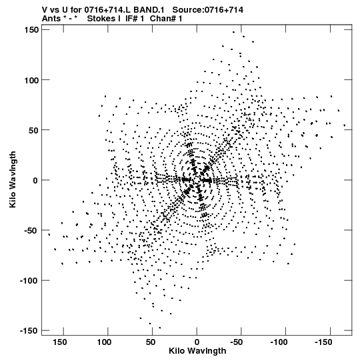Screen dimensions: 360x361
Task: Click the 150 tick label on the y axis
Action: click(x=31, y=30)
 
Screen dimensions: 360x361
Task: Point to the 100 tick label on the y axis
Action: click(x=31, y=80)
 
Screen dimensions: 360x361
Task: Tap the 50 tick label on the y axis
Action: click(x=33, y=131)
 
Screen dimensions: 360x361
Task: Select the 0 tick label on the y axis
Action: click(x=35, y=181)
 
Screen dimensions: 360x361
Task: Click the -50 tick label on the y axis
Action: click(x=31, y=231)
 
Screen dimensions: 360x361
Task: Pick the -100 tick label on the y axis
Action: click(x=29, y=281)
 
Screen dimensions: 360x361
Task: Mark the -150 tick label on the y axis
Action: click(x=29, y=331)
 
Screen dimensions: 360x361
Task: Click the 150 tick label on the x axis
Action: click(x=60, y=342)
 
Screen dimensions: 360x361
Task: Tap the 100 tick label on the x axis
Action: click(x=105, y=342)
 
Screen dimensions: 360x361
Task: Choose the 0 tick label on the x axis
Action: click(x=197, y=342)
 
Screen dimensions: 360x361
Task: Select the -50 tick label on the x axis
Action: click(x=237, y=342)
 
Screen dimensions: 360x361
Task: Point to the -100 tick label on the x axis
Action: click(x=279, y=342)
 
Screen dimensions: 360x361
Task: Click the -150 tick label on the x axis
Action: click(x=323, y=342)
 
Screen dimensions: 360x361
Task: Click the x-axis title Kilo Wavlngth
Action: click(x=197, y=351)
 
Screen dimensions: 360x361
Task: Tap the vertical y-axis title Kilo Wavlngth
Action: click(x=13, y=179)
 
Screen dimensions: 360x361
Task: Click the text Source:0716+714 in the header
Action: click(x=208, y=10)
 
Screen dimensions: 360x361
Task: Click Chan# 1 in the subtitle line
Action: click(x=166, y=19)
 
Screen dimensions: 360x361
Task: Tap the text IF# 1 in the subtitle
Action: click(x=135, y=19)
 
